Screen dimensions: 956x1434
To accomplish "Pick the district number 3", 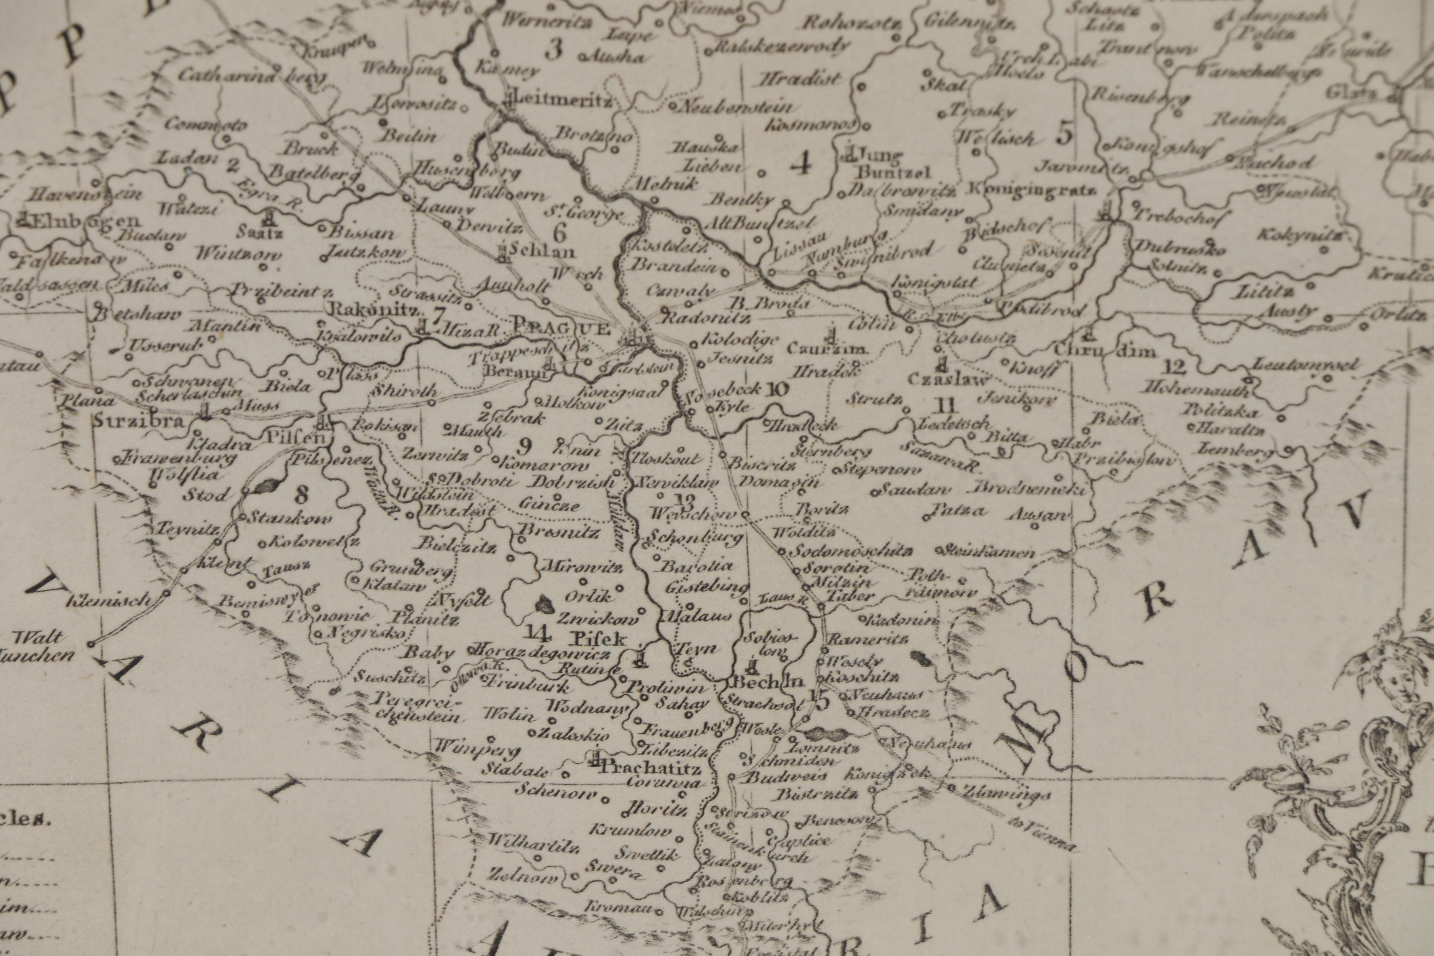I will pyautogui.click(x=553, y=50).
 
